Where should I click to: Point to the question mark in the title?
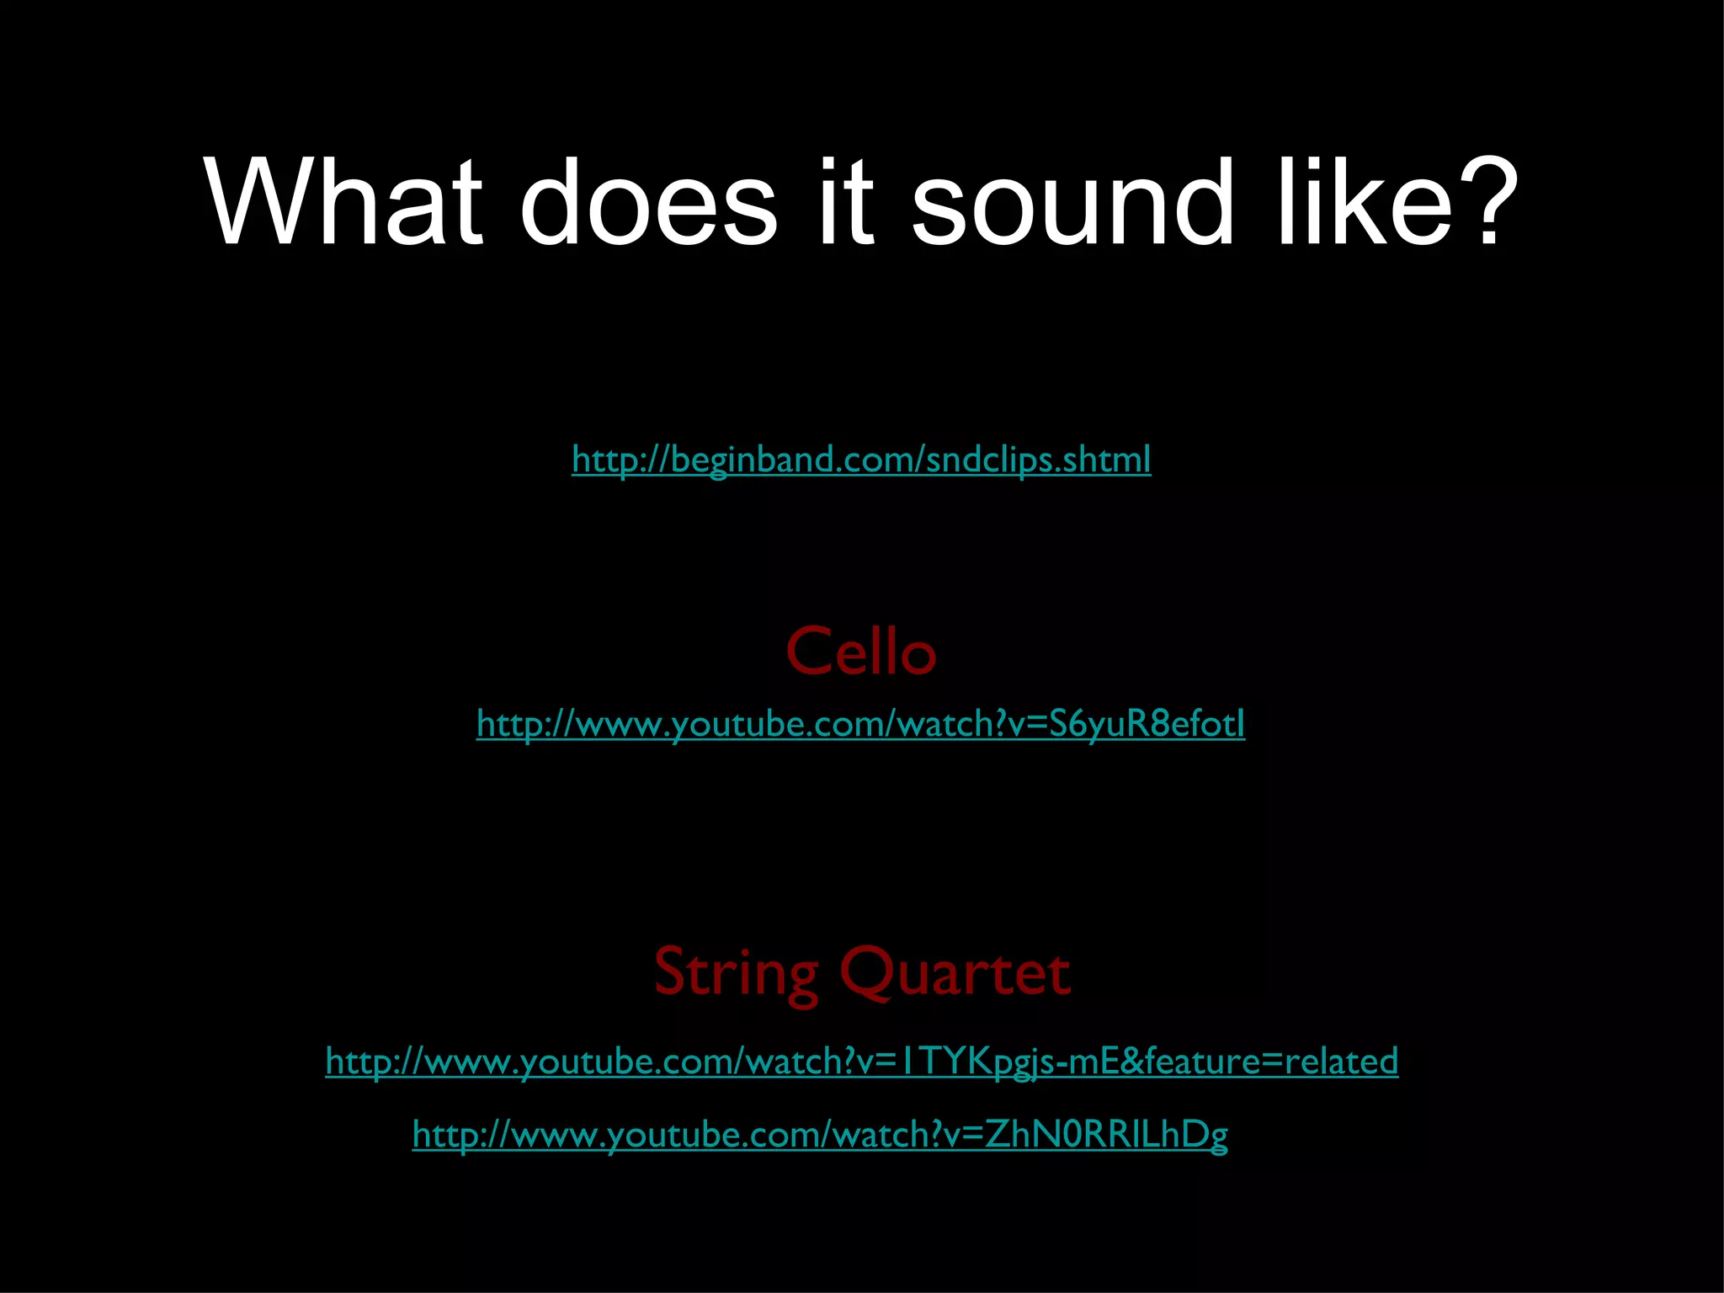tap(1486, 203)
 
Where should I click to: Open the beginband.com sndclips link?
tap(861, 460)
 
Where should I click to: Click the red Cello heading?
tap(860, 652)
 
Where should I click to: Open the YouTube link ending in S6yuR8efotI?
tap(860, 724)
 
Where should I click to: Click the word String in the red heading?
tap(736, 972)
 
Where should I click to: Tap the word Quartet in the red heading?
tap(955, 972)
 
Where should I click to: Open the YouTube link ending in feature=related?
tap(861, 1061)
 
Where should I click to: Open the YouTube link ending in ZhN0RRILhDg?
tap(820, 1135)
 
